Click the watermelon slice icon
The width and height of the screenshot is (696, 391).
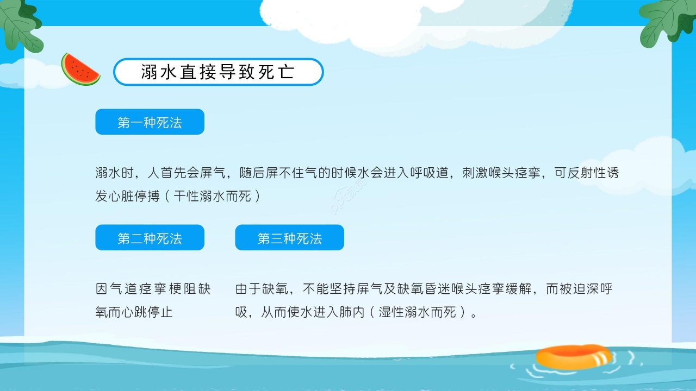[x=80, y=70]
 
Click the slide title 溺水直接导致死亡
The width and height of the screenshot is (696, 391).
[x=218, y=72]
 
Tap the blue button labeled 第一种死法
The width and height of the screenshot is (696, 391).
[x=150, y=122]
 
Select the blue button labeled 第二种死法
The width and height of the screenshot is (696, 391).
[x=150, y=238]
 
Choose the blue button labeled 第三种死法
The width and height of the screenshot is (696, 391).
[x=289, y=238]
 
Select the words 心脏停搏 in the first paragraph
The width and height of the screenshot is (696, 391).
[x=134, y=196]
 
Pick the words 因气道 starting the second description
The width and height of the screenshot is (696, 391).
[x=115, y=289]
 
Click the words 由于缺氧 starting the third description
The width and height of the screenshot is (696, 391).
[x=262, y=289]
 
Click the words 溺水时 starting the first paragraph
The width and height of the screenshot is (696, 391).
[x=115, y=173]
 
